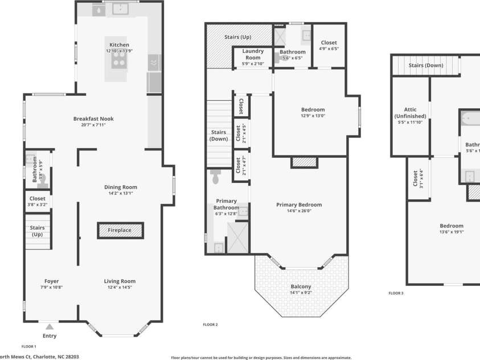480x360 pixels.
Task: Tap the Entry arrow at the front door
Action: coord(50,327)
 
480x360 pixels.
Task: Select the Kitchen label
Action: coord(120,44)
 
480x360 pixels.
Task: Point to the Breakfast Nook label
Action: coord(93,118)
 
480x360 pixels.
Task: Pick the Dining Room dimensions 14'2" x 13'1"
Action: coord(120,193)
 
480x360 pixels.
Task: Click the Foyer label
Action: coord(52,281)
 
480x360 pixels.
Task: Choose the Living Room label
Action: coord(120,281)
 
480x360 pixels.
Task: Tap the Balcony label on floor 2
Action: coord(301,287)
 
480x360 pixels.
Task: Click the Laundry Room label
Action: coord(253,54)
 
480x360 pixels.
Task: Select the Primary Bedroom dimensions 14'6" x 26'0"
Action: coord(299,211)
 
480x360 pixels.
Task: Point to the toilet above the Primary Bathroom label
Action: coord(215,178)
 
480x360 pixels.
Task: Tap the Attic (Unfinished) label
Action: coord(410,113)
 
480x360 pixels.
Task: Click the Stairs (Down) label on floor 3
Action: coord(426,66)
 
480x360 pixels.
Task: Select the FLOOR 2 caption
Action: coord(211,325)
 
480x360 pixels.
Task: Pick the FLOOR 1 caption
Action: coord(28,346)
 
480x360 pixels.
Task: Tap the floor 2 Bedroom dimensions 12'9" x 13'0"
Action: coord(313,116)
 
